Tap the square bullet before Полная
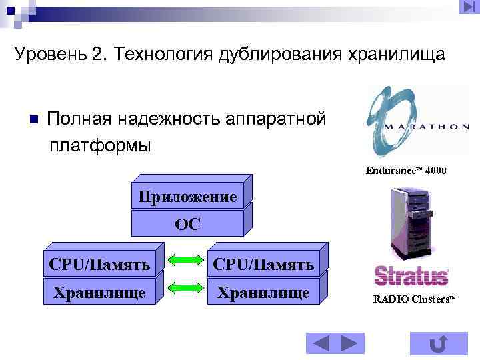[x=33, y=120]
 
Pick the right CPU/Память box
[x=263, y=265]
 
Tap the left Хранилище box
[x=99, y=293]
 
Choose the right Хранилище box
[x=263, y=293]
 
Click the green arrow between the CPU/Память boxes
[x=181, y=261]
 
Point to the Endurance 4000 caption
[x=406, y=171]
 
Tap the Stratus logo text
[x=411, y=275]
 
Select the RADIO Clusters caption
[x=413, y=299]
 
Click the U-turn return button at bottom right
[x=438, y=343]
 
